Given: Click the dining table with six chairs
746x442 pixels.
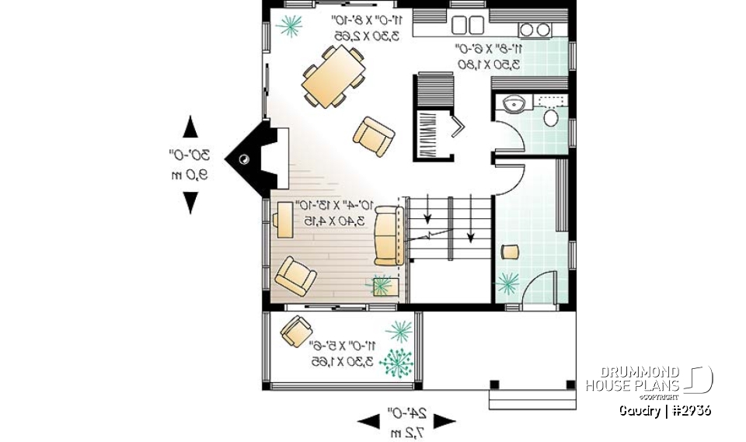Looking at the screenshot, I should [333, 76].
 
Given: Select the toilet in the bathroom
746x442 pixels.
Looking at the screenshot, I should [551, 117].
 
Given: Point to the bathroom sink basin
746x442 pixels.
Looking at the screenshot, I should [513, 104].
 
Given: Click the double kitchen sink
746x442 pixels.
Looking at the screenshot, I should [466, 26].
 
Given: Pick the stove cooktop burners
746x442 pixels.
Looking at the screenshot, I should [535, 30].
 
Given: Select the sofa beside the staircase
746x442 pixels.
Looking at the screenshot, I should [387, 236].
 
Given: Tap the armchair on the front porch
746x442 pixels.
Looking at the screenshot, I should [296, 331].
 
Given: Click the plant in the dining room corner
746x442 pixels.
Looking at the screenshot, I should [291, 26].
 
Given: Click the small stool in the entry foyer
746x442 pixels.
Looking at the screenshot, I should [510, 250].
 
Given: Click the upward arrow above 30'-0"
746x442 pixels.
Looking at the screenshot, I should [189, 126].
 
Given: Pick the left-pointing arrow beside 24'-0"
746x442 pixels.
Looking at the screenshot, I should [368, 422].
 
